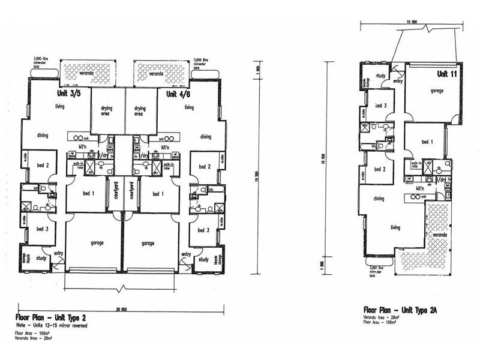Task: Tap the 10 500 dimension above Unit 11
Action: [410, 22]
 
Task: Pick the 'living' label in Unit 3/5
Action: [59, 107]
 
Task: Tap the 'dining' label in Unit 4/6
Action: [205, 136]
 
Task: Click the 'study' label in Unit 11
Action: [380, 76]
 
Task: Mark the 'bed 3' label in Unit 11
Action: [380, 105]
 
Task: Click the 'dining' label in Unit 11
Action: [379, 199]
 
